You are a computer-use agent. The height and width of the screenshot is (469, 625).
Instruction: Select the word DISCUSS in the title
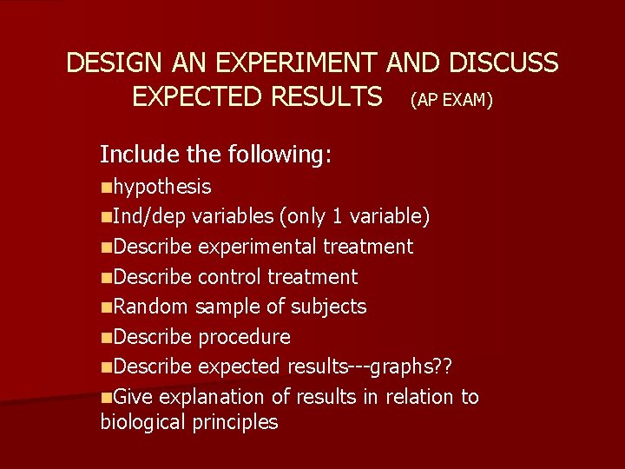coord(504,63)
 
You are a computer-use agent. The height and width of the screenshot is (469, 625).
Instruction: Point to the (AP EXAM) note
coord(451,101)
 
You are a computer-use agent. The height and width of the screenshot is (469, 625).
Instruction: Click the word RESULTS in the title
coord(326,96)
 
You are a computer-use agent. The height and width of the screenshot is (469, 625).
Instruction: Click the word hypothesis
coord(162,187)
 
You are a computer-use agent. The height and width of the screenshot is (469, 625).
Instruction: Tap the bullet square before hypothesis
coord(106,187)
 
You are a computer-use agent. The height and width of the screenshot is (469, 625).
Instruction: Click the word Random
coord(150,307)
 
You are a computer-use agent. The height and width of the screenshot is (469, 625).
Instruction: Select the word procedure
coord(245,337)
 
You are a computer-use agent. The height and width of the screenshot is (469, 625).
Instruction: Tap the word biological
coord(142,423)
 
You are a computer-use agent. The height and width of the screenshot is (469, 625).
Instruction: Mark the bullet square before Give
coord(106,397)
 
